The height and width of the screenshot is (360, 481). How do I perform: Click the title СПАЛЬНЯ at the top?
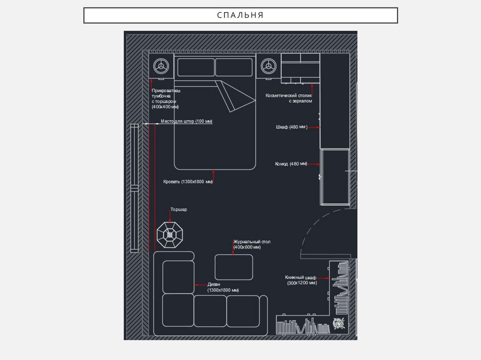pyautogui.click(x=240, y=15)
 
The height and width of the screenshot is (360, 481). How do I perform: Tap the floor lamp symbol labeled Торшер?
pyautogui.click(x=170, y=235)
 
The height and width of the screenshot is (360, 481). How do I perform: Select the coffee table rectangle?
pyautogui.click(x=234, y=267)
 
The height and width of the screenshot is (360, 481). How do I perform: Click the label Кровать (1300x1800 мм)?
pyautogui.click(x=188, y=182)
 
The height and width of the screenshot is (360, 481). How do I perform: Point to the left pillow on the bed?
pyautogui.click(x=196, y=67)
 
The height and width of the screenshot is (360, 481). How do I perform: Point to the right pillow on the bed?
pyautogui.click(x=234, y=67)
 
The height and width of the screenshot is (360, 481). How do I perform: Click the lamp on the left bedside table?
pyautogui.click(x=161, y=66)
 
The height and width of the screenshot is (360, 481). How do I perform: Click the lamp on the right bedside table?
pyautogui.click(x=268, y=66)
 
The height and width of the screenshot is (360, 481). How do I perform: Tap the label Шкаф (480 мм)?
pyautogui.click(x=291, y=127)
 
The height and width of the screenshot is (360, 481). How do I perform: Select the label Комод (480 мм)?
pyautogui.click(x=291, y=164)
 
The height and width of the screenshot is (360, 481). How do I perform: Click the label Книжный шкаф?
pyautogui.click(x=300, y=277)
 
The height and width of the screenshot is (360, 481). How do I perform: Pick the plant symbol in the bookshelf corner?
pyautogui.click(x=339, y=323)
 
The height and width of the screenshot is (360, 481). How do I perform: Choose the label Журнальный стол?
pyautogui.click(x=252, y=242)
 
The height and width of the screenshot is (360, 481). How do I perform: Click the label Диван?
pyautogui.click(x=214, y=284)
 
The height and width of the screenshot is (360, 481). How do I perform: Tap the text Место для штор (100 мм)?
pyautogui.click(x=186, y=121)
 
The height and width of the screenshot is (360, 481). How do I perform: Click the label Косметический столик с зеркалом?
pyautogui.click(x=289, y=98)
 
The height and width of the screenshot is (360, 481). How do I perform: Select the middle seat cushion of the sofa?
pyautogui.click(x=210, y=311)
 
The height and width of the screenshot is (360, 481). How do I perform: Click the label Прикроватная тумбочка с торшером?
pyautogui.click(x=166, y=99)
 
